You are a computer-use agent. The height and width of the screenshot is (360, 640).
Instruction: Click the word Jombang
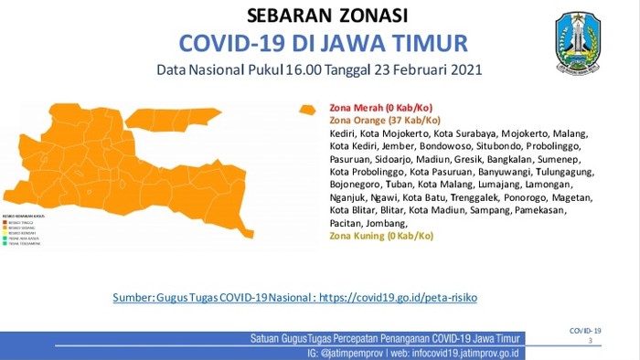click(x=391, y=223)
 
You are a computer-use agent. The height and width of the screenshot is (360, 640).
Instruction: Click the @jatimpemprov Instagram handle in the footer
click(x=349, y=352)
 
